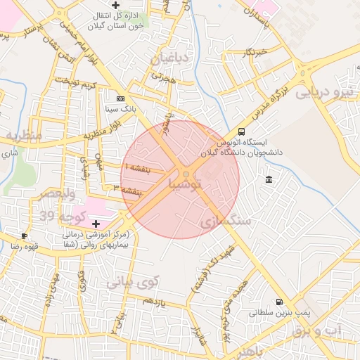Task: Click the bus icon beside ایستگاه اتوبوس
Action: click(x=242, y=131)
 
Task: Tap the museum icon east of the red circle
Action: click(x=269, y=181)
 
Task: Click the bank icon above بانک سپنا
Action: click(x=120, y=98)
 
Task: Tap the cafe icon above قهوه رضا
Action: click(x=25, y=236)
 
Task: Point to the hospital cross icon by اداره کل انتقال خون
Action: click(x=125, y=5)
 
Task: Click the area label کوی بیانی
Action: click(x=133, y=281)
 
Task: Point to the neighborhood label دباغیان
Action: click(x=169, y=59)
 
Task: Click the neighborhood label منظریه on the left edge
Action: click(x=22, y=134)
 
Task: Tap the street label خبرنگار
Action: click(x=254, y=53)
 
